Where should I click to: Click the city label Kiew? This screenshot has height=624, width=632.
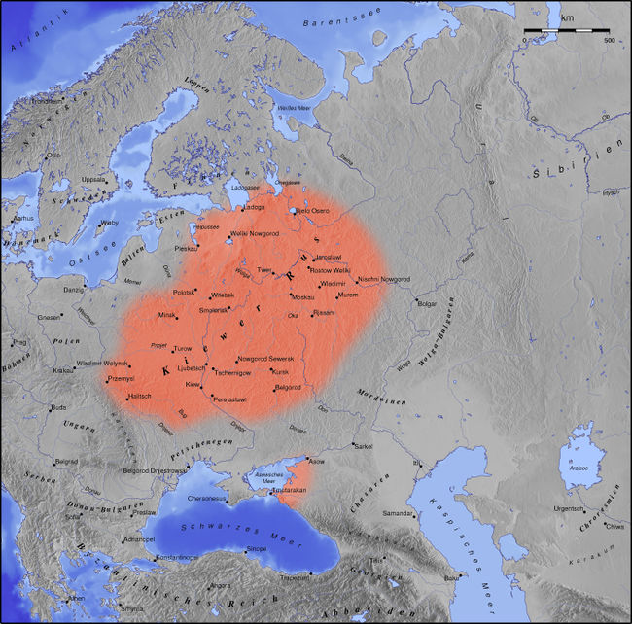(193, 386)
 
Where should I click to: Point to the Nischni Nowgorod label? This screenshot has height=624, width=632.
(384, 280)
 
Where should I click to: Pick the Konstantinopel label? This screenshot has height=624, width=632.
(178, 557)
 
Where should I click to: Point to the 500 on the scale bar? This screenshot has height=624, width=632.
(608, 41)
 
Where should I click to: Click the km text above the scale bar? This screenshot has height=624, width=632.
(565, 17)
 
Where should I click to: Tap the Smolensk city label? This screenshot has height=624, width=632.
(214, 310)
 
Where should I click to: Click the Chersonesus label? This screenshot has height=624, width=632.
(207, 500)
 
